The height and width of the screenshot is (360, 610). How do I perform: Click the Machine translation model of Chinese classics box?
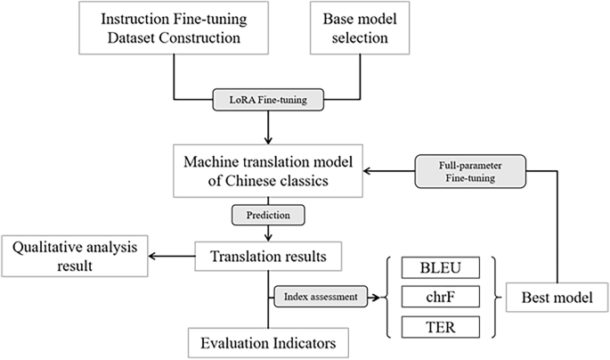(268, 172)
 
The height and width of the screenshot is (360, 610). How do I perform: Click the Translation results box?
(267, 258)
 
